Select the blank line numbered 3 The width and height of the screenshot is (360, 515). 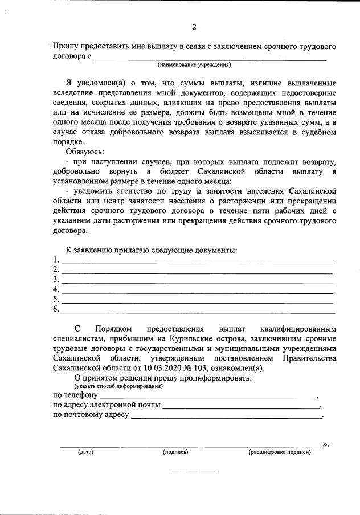click(197, 283)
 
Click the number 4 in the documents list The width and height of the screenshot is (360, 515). click(56, 289)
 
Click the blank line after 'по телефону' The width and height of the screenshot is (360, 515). click(208, 397)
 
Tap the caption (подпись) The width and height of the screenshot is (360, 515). click(175, 452)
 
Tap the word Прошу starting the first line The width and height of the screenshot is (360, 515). click(67, 46)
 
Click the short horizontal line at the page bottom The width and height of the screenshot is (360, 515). click(194, 472)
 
